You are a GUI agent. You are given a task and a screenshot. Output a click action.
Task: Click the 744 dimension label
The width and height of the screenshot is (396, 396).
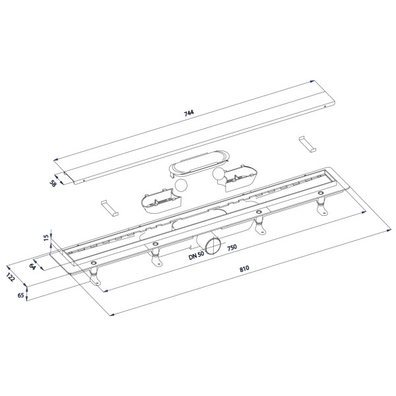[189, 113]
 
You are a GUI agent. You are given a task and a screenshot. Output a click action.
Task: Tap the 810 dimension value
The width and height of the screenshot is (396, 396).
[244, 269]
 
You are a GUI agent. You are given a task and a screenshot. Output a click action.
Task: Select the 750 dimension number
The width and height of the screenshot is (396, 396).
[232, 247]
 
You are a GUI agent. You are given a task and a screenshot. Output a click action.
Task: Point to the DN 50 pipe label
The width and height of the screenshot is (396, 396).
[196, 255]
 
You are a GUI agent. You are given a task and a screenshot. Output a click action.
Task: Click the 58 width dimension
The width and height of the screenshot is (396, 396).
[53, 183]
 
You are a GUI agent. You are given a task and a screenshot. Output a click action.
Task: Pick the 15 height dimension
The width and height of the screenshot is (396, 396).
[46, 238]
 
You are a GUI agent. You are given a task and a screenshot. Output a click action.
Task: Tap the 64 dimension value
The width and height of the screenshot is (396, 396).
[32, 266]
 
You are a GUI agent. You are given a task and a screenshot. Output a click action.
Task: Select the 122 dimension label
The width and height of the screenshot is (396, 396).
[11, 277]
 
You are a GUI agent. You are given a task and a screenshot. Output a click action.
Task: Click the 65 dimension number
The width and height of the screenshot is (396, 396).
[20, 295]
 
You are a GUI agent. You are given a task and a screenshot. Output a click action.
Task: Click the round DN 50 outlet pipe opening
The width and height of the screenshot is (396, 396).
[213, 246]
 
